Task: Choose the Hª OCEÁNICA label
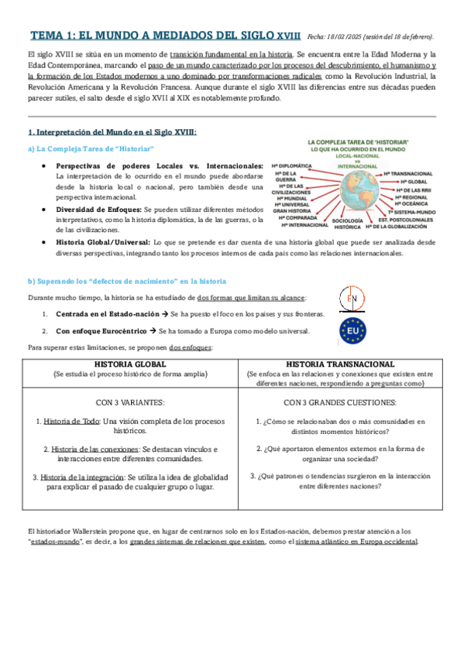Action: tap(412, 203)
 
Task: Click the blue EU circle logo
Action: tap(352, 333)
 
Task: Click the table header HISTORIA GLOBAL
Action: tap(129, 364)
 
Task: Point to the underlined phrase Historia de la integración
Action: tap(82, 477)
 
